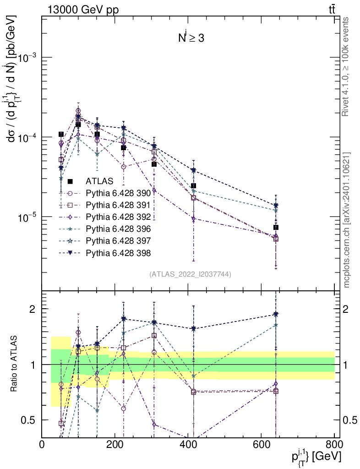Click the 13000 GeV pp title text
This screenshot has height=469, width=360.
click(x=82, y=10)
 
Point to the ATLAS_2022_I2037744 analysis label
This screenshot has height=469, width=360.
click(x=190, y=274)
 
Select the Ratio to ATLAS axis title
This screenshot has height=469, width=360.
click(x=15, y=364)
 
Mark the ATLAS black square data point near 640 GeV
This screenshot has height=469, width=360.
click(x=276, y=228)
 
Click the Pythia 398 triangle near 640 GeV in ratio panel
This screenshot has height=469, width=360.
click(x=276, y=314)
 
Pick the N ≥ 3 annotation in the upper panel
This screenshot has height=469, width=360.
click(x=191, y=38)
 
